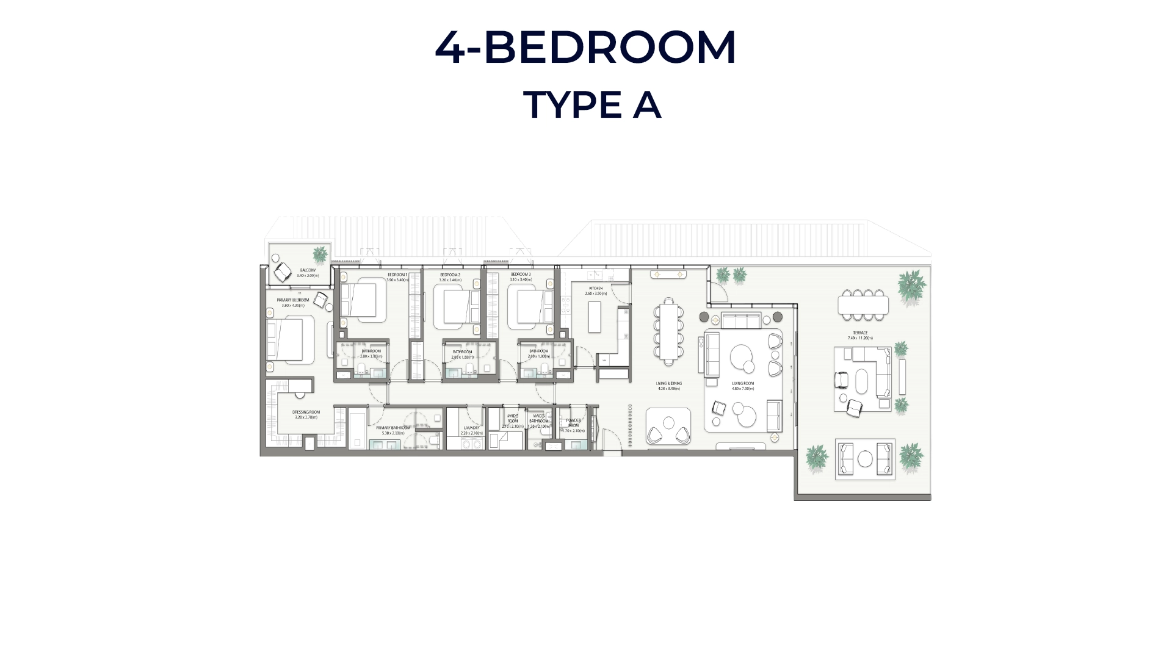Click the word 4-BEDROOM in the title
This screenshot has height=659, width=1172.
coord(585,47)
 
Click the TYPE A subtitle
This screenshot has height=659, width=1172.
coord(591,105)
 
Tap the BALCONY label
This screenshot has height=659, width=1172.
coord(308,270)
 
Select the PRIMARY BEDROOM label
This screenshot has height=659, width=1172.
coord(293,300)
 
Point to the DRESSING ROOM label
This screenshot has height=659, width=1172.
coord(306,412)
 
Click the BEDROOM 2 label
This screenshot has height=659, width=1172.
coord(450,275)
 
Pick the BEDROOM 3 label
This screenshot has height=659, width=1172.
coord(521,275)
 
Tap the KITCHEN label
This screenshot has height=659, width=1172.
coord(596,288)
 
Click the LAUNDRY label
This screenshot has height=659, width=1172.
coord(471,428)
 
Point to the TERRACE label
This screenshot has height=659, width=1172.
coord(860,333)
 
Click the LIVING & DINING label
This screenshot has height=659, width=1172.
coord(669,384)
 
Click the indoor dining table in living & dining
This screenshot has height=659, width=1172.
coord(669,331)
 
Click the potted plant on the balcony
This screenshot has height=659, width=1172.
coord(320,254)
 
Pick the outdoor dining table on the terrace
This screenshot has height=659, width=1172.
coord(863,304)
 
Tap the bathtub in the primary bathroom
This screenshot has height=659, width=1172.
coord(357,427)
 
